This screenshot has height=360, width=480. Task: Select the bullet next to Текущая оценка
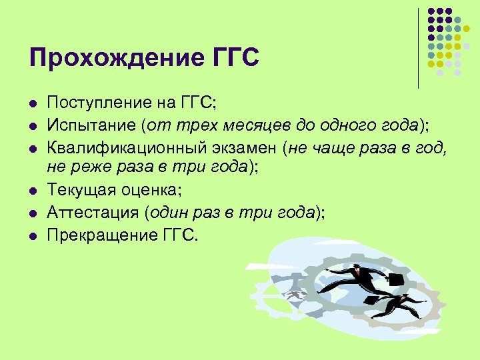tap(31, 191)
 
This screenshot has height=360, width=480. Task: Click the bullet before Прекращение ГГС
tap(31, 237)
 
